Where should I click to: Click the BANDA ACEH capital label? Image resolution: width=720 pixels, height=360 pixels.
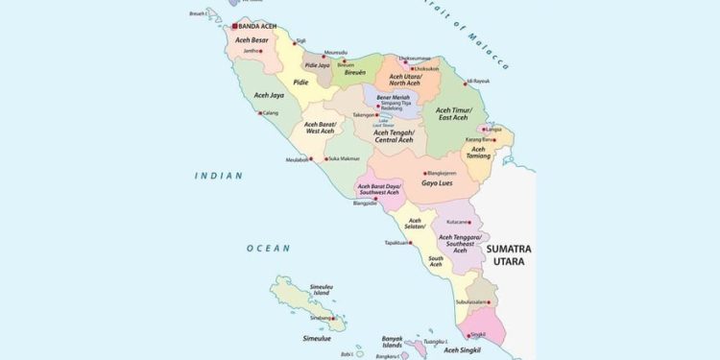(264, 26)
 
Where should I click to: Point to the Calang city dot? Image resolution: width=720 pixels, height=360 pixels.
(259, 112)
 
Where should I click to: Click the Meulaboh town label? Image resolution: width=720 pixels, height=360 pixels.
(298, 159)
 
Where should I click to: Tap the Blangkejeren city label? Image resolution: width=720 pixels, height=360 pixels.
(441, 173)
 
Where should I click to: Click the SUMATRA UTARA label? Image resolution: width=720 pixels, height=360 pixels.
(508, 254)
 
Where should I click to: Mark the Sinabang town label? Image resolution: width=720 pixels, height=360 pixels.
(320, 317)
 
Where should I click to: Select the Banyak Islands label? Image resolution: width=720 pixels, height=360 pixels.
(393, 341)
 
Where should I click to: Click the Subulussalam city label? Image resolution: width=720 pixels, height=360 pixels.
(474, 301)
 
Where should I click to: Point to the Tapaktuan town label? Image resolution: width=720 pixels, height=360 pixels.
(397, 243)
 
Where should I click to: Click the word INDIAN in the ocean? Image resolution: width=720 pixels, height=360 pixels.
(218, 176)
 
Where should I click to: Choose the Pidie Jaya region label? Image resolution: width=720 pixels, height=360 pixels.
(317, 66)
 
